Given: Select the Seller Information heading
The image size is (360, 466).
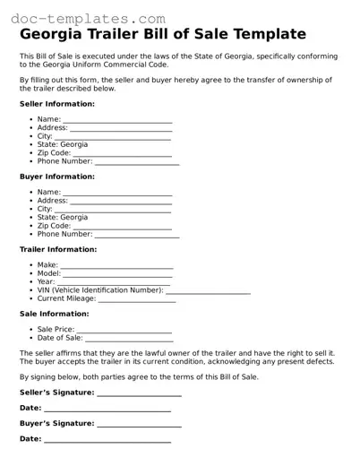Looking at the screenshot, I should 57,104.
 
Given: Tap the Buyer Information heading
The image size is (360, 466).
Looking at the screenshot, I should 57,177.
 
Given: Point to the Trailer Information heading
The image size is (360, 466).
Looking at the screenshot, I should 58,249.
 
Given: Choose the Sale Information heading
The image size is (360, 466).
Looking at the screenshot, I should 54,314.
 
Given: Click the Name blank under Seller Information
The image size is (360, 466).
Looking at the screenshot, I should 117,121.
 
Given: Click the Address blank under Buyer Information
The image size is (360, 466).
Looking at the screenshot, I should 121,203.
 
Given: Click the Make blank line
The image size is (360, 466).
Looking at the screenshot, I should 116,267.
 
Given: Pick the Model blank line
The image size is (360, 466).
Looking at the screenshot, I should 118,275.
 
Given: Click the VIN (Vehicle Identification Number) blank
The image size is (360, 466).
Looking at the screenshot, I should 209,292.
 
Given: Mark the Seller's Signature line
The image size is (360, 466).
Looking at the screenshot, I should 139,394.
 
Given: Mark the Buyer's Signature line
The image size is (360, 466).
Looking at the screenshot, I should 139,425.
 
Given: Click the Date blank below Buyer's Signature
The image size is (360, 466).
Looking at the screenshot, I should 107,440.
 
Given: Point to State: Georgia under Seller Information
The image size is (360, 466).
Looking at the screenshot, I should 63,144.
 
